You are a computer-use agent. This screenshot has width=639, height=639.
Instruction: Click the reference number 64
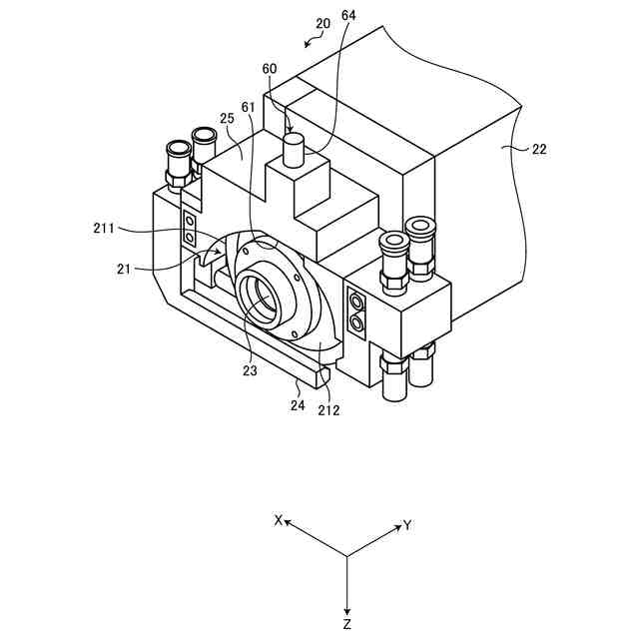click(x=348, y=15)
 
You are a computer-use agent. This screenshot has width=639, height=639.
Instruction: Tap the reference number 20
click(x=322, y=23)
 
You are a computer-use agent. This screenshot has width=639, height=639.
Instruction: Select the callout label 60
click(x=269, y=69)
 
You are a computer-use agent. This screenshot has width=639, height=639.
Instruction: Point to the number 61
click(x=249, y=107)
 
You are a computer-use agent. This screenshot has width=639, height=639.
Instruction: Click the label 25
click(x=227, y=118)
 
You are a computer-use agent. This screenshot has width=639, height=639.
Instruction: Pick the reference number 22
click(x=539, y=149)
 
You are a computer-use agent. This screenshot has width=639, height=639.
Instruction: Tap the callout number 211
click(x=104, y=228)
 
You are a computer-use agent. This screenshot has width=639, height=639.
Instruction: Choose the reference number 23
click(x=250, y=370)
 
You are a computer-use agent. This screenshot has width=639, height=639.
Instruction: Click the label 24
click(x=298, y=404)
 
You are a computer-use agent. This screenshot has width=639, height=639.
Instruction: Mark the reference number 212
click(x=328, y=410)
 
